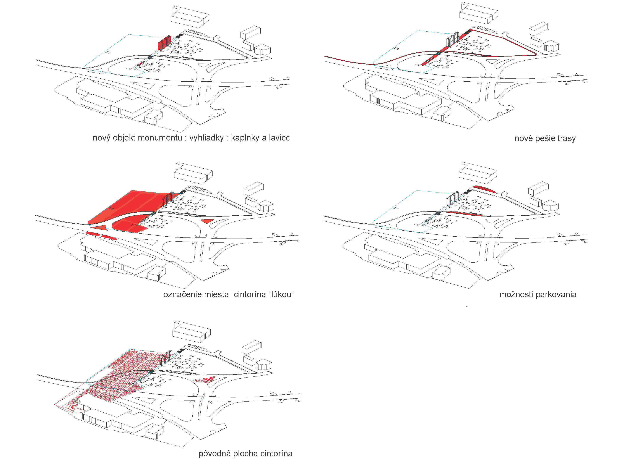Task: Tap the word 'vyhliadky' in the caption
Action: click(x=206, y=138)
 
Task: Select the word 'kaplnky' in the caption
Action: click(x=245, y=138)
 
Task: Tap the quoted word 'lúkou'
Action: click(x=281, y=294)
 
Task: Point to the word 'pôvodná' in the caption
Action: click(x=214, y=454)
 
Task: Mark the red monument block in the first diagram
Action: click(x=164, y=43)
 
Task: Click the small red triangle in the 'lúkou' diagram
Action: click(x=207, y=221)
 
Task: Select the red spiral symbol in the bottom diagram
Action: click(x=74, y=408)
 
